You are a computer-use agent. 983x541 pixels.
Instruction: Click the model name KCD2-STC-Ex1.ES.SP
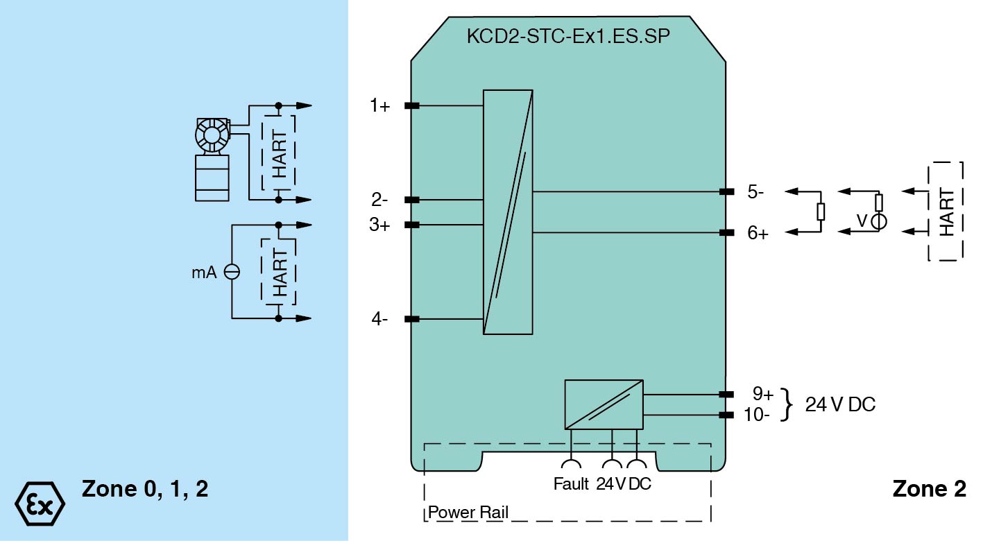pos(568,37)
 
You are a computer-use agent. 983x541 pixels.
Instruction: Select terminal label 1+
pos(379,106)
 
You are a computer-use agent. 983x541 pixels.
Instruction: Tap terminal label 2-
pos(379,200)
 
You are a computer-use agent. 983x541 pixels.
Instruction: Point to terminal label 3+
pos(379,225)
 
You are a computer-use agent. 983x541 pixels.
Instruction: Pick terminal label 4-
pos(379,320)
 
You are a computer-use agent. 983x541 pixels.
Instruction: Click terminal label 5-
pos(756,192)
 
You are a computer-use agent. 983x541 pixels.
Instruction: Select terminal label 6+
pos(758,234)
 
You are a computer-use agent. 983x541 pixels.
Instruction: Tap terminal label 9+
pos(763,394)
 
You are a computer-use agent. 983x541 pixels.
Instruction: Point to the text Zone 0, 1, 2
pos(145,489)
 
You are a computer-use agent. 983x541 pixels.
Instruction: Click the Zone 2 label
pos(929,489)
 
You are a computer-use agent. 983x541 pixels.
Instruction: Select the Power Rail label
pos(468,513)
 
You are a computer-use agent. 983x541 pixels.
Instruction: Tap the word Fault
pos(571,484)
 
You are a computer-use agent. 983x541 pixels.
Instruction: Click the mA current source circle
pos(232,273)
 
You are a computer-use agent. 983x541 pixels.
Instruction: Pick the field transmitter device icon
pos(212,159)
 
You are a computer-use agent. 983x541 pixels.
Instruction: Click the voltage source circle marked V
pos(878,221)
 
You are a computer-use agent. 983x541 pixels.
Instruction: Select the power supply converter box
pos(604,404)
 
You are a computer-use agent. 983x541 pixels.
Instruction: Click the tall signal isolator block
pos(508,212)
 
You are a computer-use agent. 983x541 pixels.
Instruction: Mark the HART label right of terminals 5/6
pos(946,212)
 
